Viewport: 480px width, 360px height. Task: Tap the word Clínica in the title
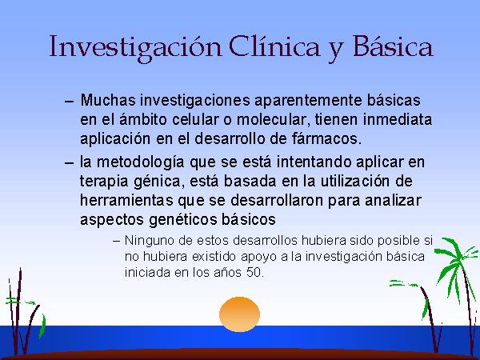pyautogui.click(x=274, y=46)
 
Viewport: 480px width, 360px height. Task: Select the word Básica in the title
pyautogui.click(x=393, y=46)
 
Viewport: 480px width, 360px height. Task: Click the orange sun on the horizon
pyautogui.click(x=240, y=314)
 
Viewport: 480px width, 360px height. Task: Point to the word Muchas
pyautogui.click(x=108, y=100)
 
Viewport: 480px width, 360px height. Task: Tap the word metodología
pyautogui.click(x=141, y=162)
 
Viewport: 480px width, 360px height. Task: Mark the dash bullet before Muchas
pyautogui.click(x=70, y=102)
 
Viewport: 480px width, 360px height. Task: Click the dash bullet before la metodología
pyautogui.click(x=70, y=162)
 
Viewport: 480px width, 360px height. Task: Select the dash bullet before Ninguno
pyautogui.click(x=116, y=242)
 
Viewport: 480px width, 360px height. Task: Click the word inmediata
pyautogui.click(x=398, y=119)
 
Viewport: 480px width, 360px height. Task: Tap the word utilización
pyautogui.click(x=355, y=182)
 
